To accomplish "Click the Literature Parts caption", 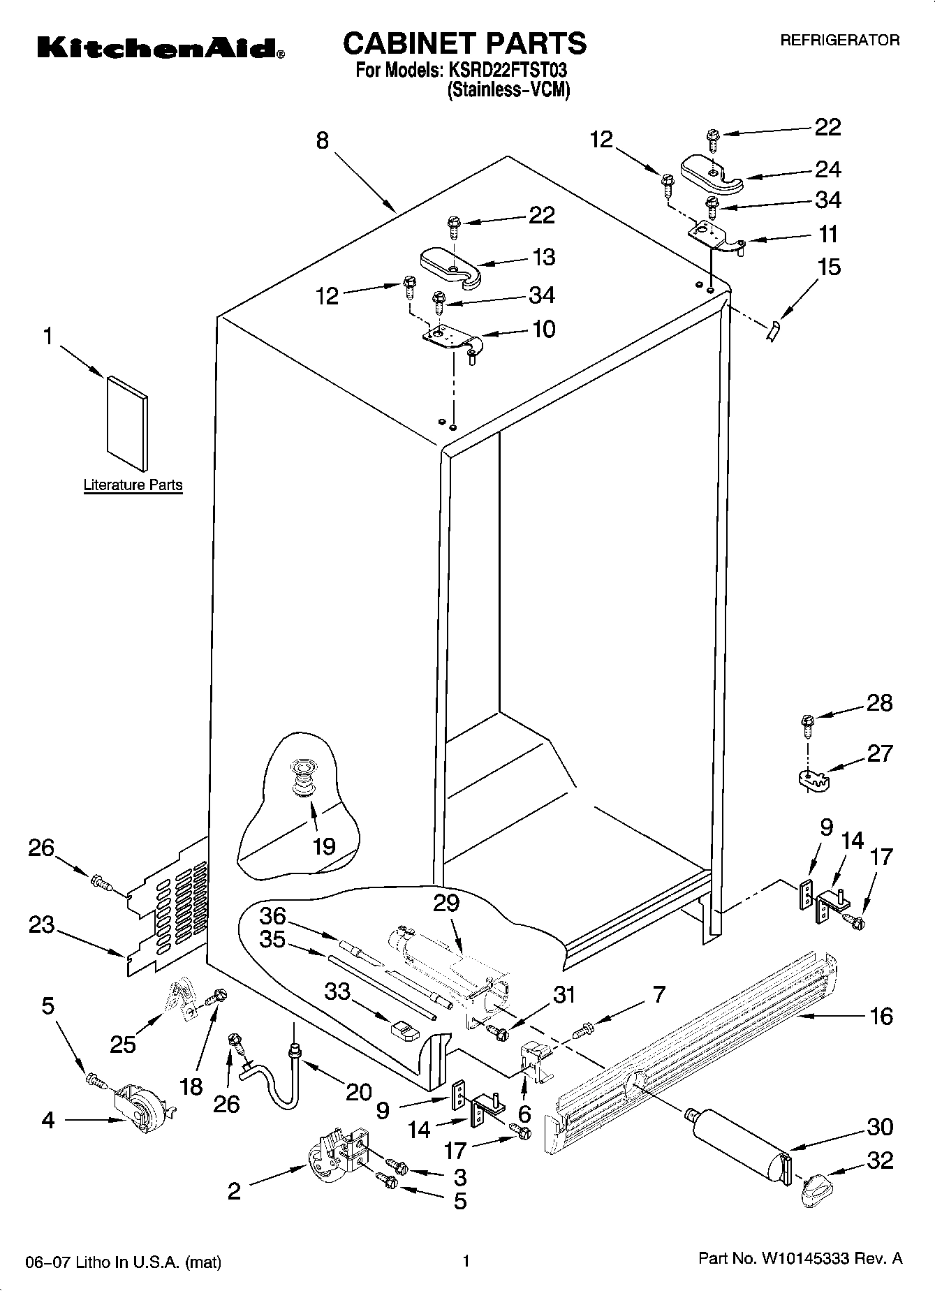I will (x=133, y=485).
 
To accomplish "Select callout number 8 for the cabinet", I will (x=322, y=141).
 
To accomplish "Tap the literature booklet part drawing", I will (x=127, y=424).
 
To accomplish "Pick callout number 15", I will (x=829, y=267).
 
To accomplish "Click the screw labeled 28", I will (x=808, y=724).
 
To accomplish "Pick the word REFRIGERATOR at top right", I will (x=839, y=40).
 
